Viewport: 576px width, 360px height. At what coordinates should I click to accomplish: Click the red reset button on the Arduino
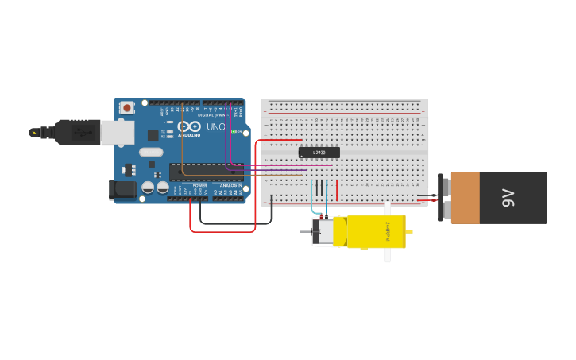tap(127, 107)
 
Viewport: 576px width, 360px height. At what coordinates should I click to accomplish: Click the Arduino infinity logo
tap(189, 126)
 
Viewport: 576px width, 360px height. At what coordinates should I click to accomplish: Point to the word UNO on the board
tap(215, 126)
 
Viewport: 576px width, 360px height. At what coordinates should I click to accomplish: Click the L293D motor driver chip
tap(319, 152)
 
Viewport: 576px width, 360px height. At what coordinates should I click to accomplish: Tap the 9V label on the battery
tap(508, 198)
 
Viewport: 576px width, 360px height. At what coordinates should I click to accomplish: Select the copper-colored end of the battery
tap(465, 198)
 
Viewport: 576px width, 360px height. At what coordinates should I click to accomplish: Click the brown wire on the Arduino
tap(182, 151)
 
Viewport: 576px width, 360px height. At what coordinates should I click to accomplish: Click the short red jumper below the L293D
tap(337, 189)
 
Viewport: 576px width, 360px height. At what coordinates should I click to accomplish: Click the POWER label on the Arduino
tap(199, 185)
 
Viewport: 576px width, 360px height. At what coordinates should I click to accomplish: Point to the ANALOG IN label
tap(230, 185)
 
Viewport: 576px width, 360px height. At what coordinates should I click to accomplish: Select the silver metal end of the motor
tap(323, 231)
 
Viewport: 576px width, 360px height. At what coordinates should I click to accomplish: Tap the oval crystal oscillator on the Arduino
tap(151, 152)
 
